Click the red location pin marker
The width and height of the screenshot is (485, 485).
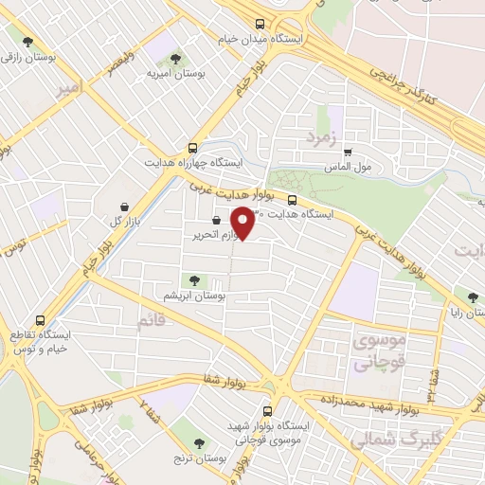[x=243, y=223]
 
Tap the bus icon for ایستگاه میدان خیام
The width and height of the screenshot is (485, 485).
[x=260, y=25]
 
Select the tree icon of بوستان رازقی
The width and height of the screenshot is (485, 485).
[x=27, y=42]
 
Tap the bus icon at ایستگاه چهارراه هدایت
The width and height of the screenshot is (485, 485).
[x=193, y=148]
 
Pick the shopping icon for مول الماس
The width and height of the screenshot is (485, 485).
[x=348, y=152]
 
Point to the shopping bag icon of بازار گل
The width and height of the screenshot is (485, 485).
[x=125, y=206]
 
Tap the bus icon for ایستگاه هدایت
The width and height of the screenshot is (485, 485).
[x=292, y=200]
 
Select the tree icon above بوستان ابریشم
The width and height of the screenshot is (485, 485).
[x=194, y=279]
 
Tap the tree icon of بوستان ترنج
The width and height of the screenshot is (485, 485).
[x=199, y=442]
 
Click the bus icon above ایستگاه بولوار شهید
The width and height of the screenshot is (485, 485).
[x=267, y=412]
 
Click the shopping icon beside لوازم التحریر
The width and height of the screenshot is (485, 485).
[x=217, y=221]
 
